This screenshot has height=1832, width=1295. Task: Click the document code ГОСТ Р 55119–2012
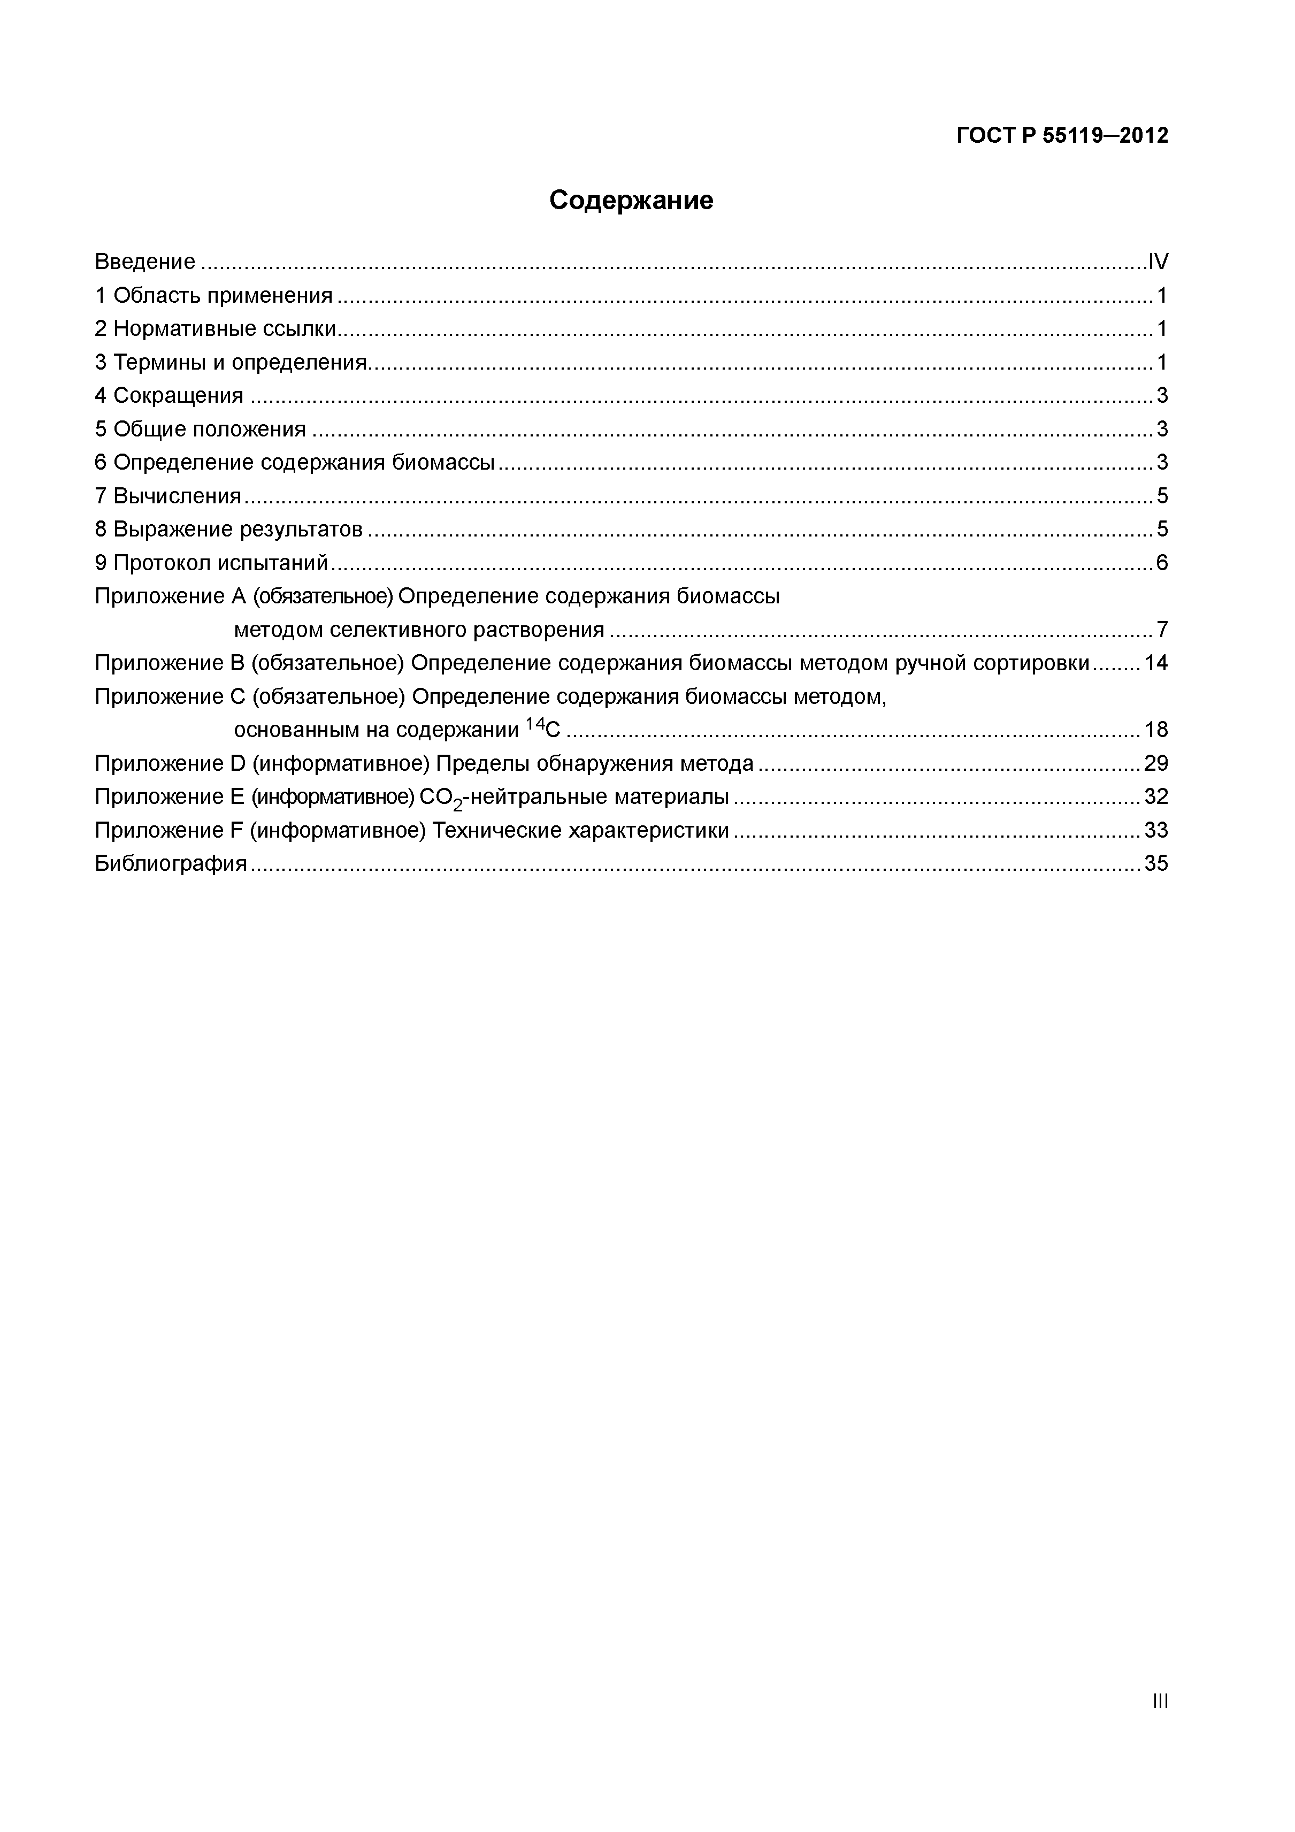(1061, 136)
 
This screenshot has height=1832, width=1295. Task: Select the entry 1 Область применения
(213, 295)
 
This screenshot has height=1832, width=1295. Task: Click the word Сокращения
(178, 396)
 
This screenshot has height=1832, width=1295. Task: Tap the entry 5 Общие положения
(200, 430)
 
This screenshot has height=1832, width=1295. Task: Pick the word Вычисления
(177, 496)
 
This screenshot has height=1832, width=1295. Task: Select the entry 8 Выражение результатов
(228, 529)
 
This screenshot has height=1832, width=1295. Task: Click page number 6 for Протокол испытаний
(1162, 563)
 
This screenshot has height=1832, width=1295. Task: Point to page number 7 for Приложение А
(1162, 630)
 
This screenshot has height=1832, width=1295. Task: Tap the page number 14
(1155, 663)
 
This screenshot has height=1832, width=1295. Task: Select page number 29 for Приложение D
(1155, 764)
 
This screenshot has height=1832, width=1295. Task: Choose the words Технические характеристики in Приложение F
(580, 831)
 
